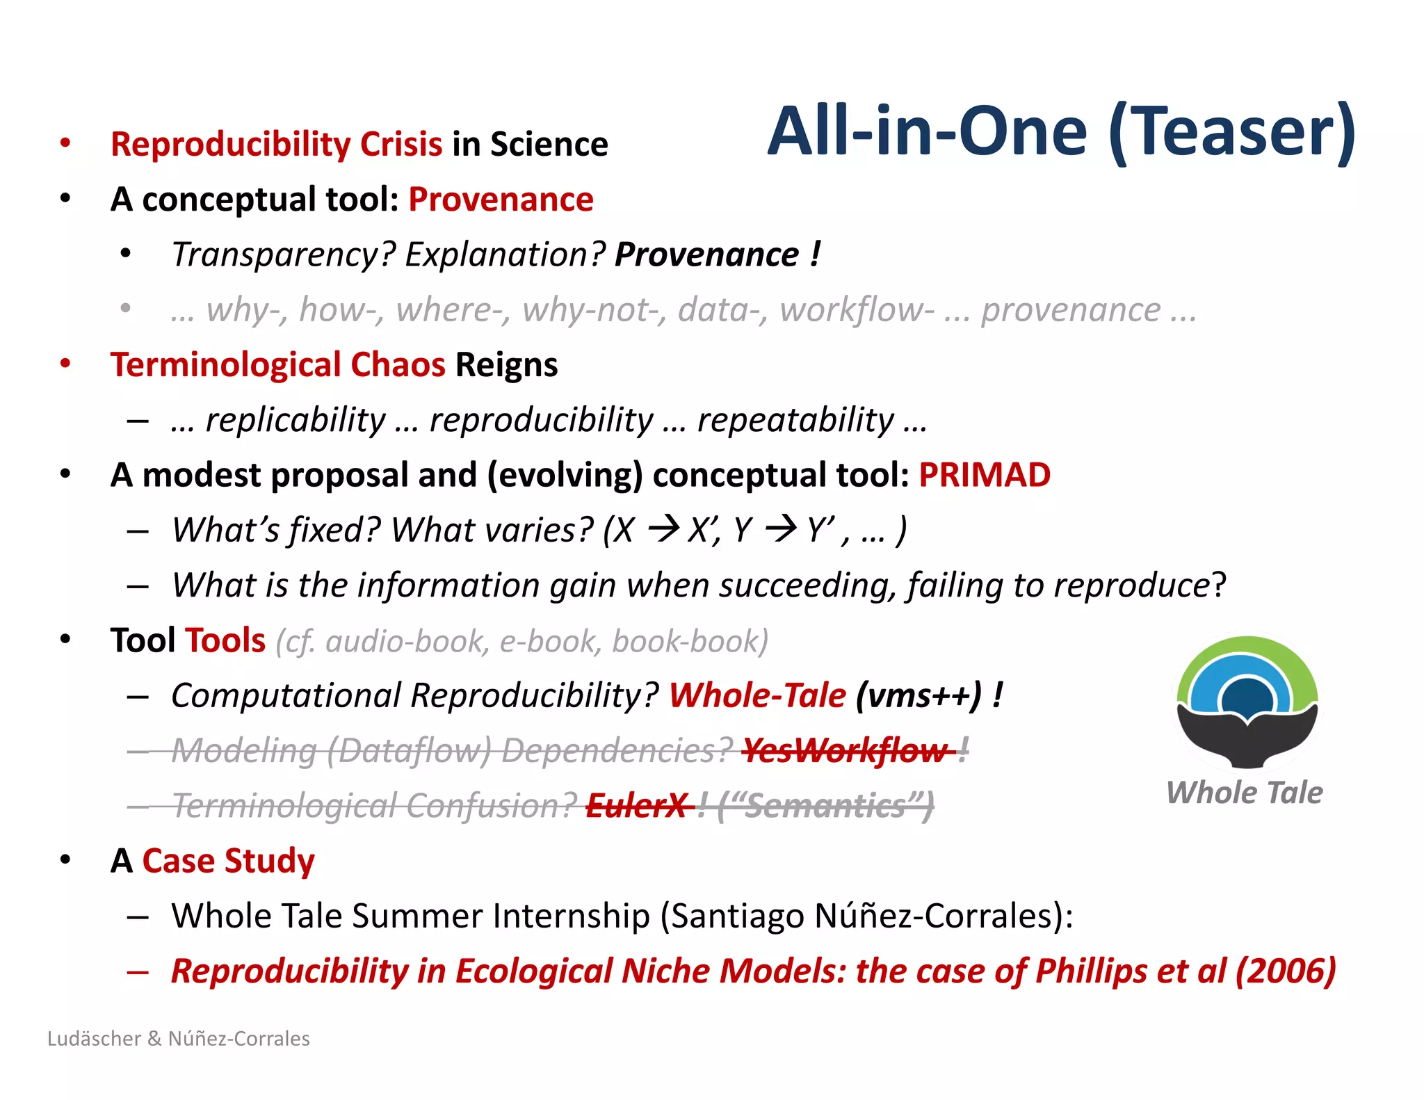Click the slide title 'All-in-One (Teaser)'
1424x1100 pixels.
pyautogui.click(x=1061, y=131)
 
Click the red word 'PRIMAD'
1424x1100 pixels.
pyautogui.click(x=984, y=476)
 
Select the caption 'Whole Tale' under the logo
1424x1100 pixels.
pyautogui.click(x=1244, y=793)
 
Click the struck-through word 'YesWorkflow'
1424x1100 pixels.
pyautogui.click(x=845, y=751)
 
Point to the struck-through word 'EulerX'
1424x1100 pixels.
pyautogui.click(x=637, y=806)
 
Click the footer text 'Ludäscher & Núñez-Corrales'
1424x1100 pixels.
pyautogui.click(x=179, y=1039)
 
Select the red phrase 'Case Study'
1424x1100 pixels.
pyautogui.click(x=228, y=861)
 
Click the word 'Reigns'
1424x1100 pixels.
pyautogui.click(x=506, y=365)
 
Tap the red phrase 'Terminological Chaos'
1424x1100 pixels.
pyautogui.click(x=277, y=365)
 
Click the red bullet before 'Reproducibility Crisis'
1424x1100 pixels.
pyautogui.click(x=65, y=143)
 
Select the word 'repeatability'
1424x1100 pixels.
pyautogui.click(x=795, y=420)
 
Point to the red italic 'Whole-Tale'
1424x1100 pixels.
pyautogui.click(x=757, y=695)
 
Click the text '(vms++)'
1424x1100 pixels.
pyautogui.click(x=919, y=695)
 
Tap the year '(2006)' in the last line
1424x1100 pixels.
pyautogui.click(x=1285, y=971)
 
